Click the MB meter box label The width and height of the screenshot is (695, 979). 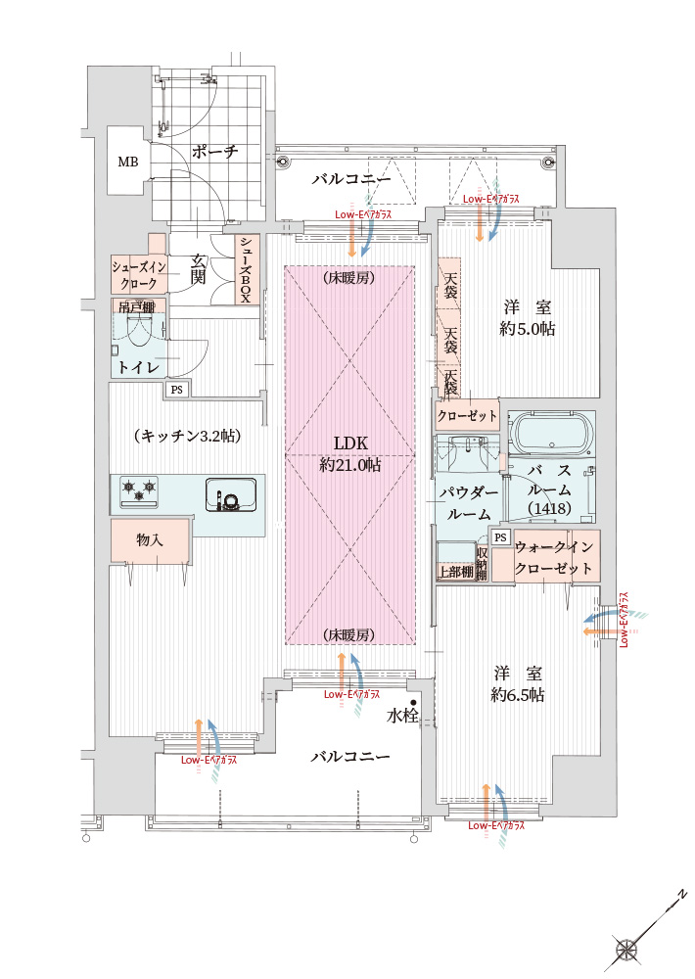pyautogui.click(x=128, y=162)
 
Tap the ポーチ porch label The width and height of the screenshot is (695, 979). pyautogui.click(x=214, y=152)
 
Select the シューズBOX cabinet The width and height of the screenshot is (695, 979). pyautogui.click(x=246, y=270)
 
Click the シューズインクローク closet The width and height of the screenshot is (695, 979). pyautogui.click(x=139, y=274)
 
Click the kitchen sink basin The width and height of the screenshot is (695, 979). pyautogui.click(x=230, y=494)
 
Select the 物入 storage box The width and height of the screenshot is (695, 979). pyautogui.click(x=150, y=540)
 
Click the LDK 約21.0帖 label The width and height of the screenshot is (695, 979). pyautogui.click(x=349, y=454)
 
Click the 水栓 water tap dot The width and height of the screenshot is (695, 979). pyautogui.click(x=413, y=703)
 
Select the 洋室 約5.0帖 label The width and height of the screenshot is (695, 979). pyautogui.click(x=527, y=318)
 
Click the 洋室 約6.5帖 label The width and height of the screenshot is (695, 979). pyautogui.click(x=517, y=683)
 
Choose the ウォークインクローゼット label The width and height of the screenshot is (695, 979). pyautogui.click(x=553, y=558)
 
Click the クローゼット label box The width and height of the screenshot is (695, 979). pyautogui.click(x=467, y=415)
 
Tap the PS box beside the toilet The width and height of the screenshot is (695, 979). pyautogui.click(x=177, y=390)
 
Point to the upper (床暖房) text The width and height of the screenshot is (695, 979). pyautogui.click(x=349, y=278)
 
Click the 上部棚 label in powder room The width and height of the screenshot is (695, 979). pyautogui.click(x=455, y=572)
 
